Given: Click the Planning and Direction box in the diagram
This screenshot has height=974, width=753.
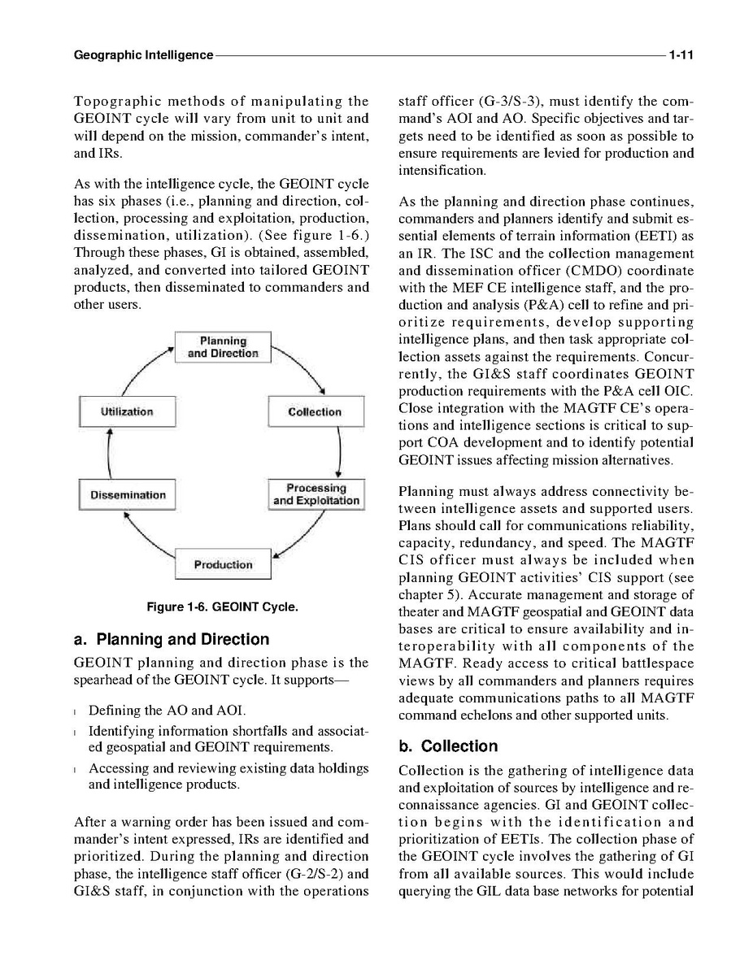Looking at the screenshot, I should click(222, 347).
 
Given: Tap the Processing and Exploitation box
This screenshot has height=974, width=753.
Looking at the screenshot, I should click(316, 494).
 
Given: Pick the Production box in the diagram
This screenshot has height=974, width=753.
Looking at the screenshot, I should click(222, 564).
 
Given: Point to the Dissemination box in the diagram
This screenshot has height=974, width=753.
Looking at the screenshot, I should click(128, 495).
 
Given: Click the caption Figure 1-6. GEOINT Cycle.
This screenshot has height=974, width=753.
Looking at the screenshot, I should click(222, 607).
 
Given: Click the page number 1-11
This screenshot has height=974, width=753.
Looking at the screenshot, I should click(680, 56).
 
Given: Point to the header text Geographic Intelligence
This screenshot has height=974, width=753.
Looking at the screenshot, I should click(143, 56).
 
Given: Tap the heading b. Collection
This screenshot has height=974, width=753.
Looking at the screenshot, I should click(448, 746).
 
